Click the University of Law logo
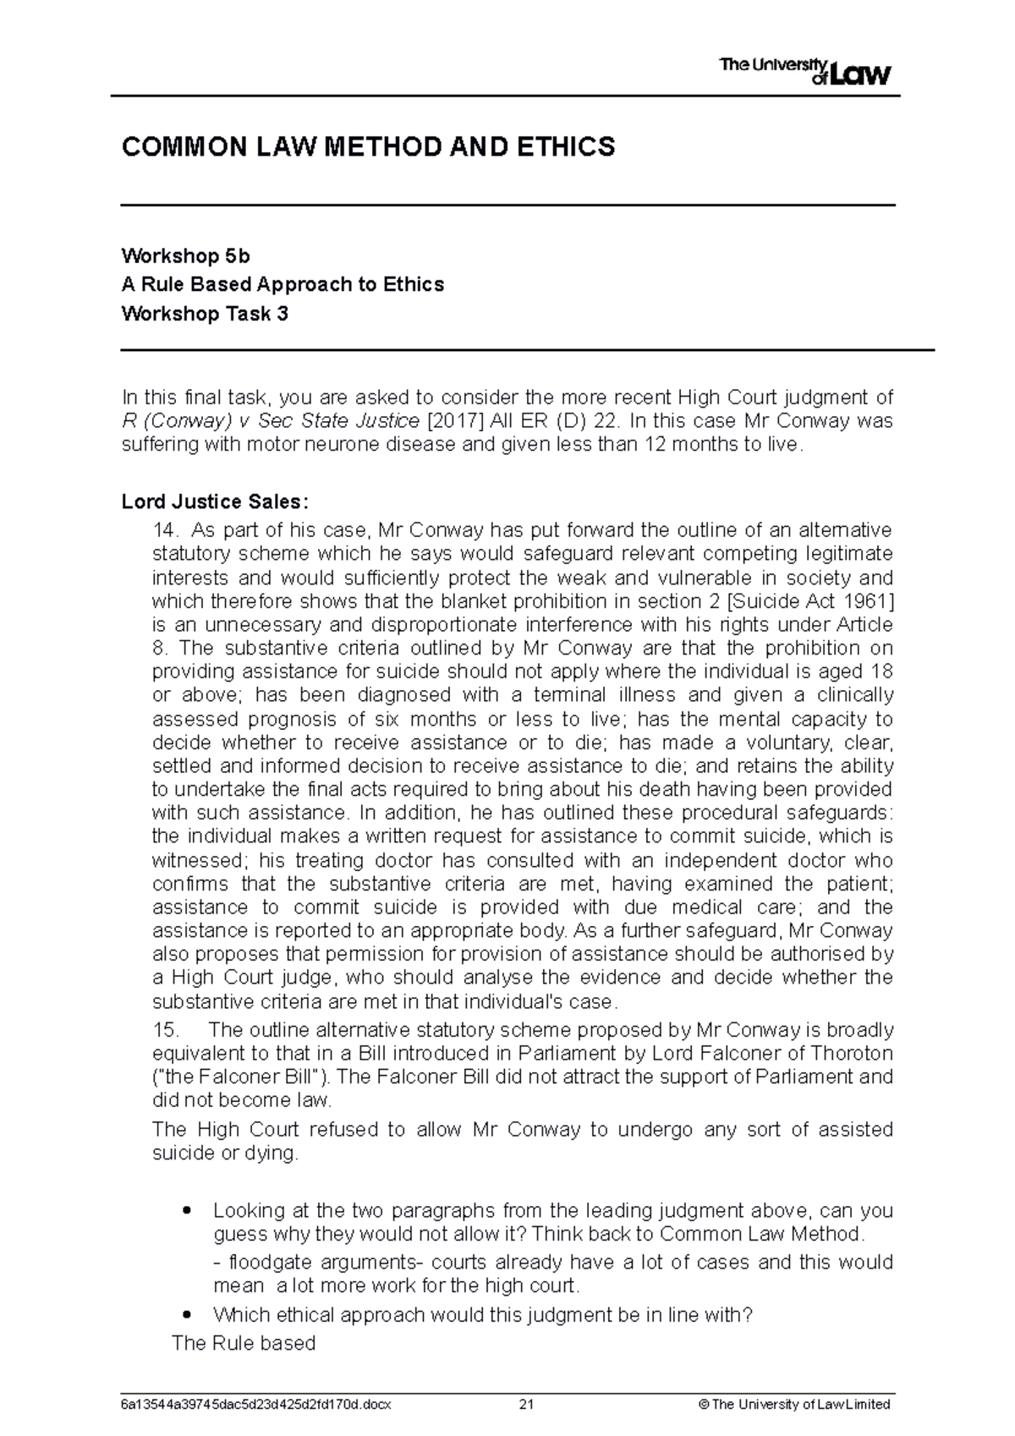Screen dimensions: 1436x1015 [x=804, y=71]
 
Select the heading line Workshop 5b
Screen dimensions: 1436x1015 [x=185, y=255]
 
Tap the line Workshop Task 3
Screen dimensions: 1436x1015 [x=205, y=314]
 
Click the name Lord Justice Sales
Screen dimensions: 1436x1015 [x=211, y=502]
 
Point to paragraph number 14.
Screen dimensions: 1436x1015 [x=164, y=530]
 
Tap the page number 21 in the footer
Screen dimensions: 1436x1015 [x=527, y=1405]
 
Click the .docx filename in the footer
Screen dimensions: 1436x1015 [x=256, y=1405]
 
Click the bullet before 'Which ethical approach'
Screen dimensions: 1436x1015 [x=188, y=1314]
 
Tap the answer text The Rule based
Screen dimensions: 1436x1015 [x=243, y=1342]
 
